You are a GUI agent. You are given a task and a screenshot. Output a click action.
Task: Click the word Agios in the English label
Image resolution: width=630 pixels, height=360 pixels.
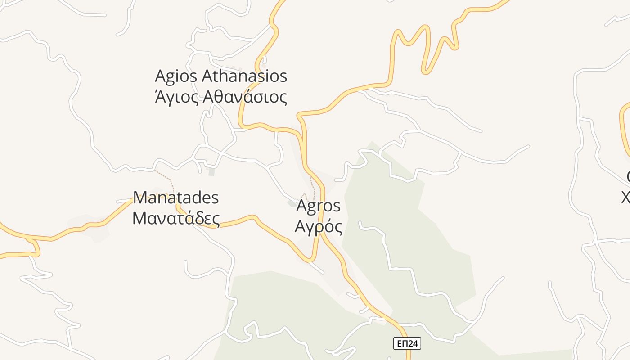(175, 76)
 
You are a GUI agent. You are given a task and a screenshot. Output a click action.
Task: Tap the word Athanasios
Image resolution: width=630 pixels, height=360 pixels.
(244, 76)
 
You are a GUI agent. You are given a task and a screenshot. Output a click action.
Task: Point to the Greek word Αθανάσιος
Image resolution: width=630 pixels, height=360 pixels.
(245, 97)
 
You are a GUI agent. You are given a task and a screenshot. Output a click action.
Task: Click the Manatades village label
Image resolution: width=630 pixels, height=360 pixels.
(176, 198)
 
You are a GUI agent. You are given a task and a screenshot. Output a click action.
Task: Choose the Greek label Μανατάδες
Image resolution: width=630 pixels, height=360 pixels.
(176, 218)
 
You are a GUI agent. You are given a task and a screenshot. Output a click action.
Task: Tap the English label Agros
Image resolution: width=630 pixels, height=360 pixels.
(318, 206)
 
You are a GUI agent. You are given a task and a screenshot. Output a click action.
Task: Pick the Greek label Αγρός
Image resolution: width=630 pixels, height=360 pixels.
(318, 226)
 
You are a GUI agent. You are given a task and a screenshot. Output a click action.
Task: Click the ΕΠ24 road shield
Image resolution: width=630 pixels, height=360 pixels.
(407, 344)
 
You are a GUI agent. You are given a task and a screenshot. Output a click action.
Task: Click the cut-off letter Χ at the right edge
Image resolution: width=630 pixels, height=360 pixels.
(626, 197)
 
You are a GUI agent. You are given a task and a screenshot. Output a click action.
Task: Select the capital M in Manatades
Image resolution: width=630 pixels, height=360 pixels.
(140, 198)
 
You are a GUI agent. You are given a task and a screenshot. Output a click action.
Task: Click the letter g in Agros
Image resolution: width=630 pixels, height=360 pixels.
(310, 207)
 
